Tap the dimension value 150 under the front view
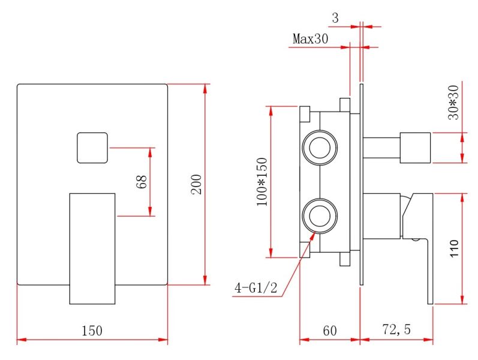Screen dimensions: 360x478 click(x=92, y=331)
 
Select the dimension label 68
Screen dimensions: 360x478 click(x=142, y=182)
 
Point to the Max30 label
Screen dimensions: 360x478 click(x=311, y=39)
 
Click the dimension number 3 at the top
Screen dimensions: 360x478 click(x=335, y=19)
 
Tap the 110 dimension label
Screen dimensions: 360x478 click(x=453, y=249)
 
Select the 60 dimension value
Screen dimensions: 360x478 click(x=329, y=331)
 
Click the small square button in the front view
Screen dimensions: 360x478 click(x=92, y=148)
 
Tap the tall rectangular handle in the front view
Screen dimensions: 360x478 click(x=92, y=248)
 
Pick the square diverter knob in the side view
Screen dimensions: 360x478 click(x=415, y=148)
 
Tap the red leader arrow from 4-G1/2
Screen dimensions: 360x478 click(x=297, y=258)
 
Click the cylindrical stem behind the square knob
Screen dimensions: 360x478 click(x=381, y=148)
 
